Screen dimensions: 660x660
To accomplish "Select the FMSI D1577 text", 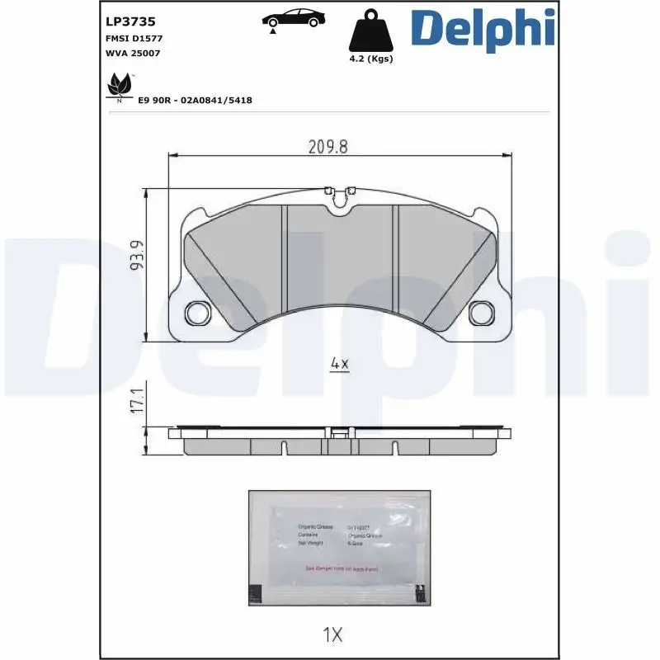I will tap(134, 38).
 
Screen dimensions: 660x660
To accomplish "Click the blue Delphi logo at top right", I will tap(483, 28).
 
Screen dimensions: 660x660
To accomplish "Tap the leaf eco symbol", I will tap(120, 86).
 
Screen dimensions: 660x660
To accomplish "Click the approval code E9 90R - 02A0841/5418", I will tap(195, 100).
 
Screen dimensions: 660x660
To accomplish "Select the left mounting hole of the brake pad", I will tap(196, 313).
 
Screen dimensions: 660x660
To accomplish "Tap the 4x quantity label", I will tap(339, 364).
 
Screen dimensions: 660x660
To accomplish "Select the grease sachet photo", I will tap(339, 549).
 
